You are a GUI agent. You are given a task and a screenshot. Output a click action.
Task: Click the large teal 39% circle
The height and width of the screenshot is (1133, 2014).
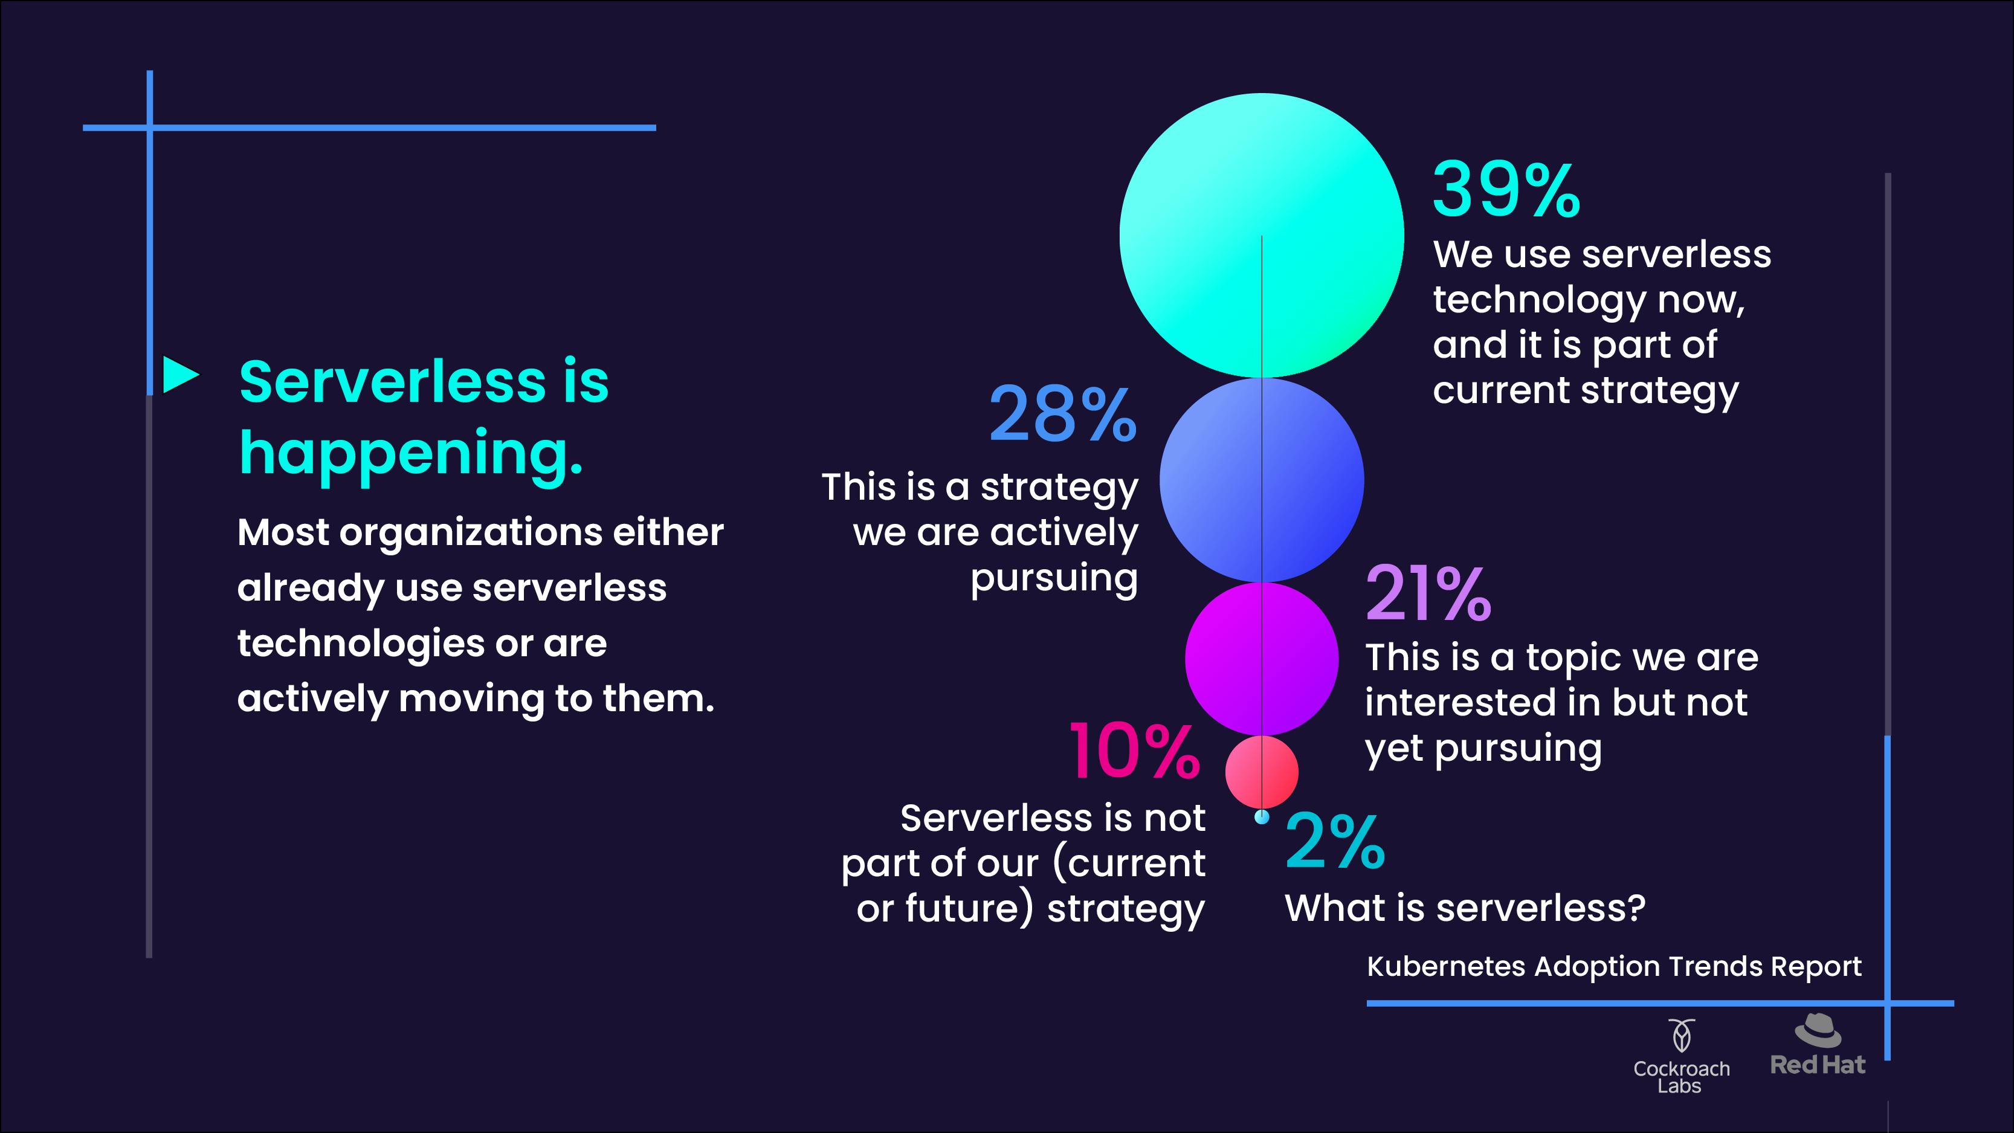[1261, 235]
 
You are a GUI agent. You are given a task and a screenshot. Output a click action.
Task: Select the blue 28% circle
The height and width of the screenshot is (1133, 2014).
[1261, 480]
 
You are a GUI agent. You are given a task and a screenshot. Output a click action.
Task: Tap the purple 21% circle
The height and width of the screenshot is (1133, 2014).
[1261, 659]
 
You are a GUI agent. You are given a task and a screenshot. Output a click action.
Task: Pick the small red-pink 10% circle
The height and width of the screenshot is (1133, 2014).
[1261, 772]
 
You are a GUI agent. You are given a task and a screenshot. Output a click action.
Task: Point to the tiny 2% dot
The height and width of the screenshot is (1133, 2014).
[1262, 817]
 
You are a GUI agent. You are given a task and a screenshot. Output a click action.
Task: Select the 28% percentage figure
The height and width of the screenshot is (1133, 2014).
[1062, 414]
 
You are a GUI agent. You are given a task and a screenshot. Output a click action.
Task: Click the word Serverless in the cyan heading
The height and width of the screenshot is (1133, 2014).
[393, 383]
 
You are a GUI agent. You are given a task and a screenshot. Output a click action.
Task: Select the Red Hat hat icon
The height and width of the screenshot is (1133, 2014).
[1818, 1030]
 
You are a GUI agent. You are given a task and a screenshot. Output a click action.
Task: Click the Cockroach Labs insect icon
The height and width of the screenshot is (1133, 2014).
[1682, 1036]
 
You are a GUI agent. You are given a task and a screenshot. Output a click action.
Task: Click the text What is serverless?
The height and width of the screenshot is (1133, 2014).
[1465, 908]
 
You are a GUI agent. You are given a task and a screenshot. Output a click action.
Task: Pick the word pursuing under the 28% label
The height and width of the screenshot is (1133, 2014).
[1054, 581]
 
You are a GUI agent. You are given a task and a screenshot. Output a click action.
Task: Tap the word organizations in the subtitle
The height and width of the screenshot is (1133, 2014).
[470, 534]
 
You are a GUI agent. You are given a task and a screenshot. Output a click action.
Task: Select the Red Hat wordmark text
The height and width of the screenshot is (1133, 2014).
[1818, 1065]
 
